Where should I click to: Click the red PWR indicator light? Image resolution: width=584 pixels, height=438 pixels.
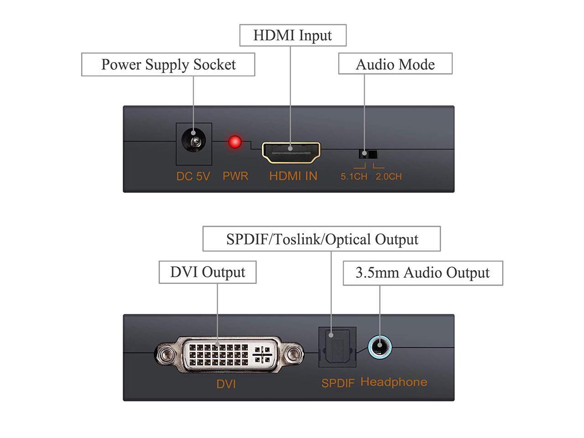(x=235, y=142)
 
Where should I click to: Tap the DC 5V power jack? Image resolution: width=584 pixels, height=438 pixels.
(x=194, y=142)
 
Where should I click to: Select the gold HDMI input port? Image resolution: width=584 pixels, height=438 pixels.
(x=291, y=153)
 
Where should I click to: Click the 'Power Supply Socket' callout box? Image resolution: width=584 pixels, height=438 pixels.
(x=168, y=64)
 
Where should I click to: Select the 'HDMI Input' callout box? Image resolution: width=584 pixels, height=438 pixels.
(x=293, y=36)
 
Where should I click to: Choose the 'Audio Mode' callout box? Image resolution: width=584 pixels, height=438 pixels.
(x=395, y=64)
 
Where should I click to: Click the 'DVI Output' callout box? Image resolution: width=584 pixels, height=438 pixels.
(x=208, y=272)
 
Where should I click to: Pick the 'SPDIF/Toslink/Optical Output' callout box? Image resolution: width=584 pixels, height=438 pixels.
(x=322, y=239)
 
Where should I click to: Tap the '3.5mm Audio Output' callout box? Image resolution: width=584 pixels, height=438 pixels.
(x=422, y=273)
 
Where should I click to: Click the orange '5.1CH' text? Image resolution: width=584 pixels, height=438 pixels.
(x=354, y=177)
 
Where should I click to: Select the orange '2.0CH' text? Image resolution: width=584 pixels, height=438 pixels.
(x=389, y=177)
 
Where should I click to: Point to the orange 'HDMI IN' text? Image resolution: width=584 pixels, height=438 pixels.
(x=293, y=176)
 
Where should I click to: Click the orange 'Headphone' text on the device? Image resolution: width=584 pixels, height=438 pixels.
(x=394, y=382)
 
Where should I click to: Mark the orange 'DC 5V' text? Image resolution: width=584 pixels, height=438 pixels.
(x=193, y=176)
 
